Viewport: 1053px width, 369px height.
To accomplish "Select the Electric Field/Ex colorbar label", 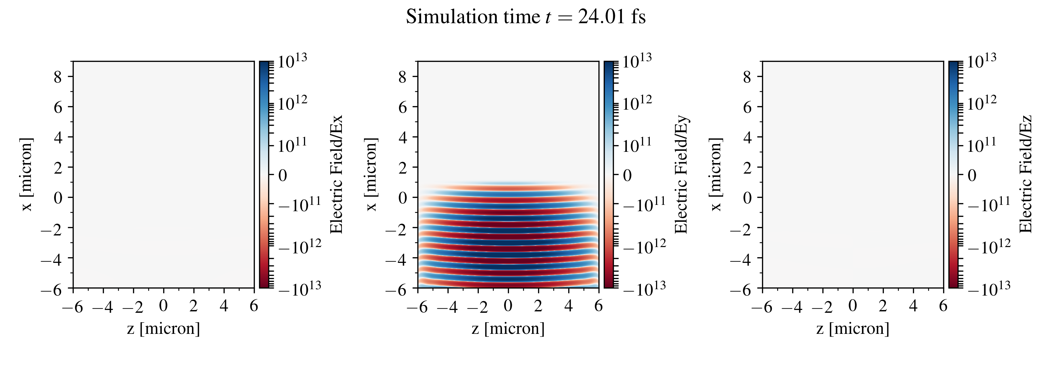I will point(336,174).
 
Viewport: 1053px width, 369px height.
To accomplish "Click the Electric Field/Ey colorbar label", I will point(681,174).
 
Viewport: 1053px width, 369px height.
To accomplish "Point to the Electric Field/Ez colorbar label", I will point(1026,174).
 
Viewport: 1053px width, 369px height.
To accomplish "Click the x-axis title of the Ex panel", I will point(164,329).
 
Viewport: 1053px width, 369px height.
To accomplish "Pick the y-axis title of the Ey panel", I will point(371,174).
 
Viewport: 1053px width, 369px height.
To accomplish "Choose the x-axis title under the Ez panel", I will point(853,329).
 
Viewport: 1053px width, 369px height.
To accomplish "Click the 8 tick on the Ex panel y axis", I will point(58,77).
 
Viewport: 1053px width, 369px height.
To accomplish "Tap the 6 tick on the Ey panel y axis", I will point(403,107).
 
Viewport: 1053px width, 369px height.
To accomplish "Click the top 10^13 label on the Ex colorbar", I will point(292,61).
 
